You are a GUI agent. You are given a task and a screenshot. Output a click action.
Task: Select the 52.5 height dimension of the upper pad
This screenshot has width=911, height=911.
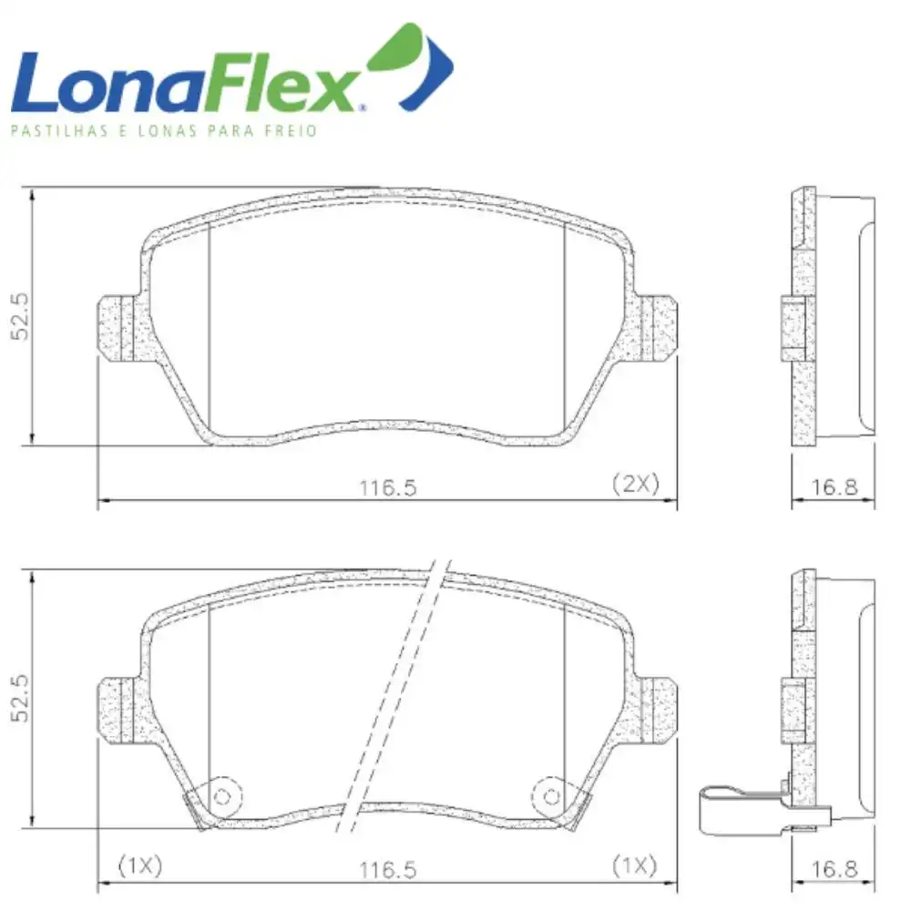(x=19, y=317)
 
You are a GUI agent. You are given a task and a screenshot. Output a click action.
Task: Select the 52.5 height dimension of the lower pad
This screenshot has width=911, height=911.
(x=19, y=699)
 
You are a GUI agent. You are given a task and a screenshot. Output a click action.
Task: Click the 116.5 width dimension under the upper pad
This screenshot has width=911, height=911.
(x=388, y=487)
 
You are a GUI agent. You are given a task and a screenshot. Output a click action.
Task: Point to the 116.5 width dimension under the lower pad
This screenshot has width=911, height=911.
(x=388, y=870)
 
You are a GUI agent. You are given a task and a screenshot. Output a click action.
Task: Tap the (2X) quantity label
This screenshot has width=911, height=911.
(x=636, y=484)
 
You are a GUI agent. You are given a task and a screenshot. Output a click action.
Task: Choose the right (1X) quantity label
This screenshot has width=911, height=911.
(x=635, y=865)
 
